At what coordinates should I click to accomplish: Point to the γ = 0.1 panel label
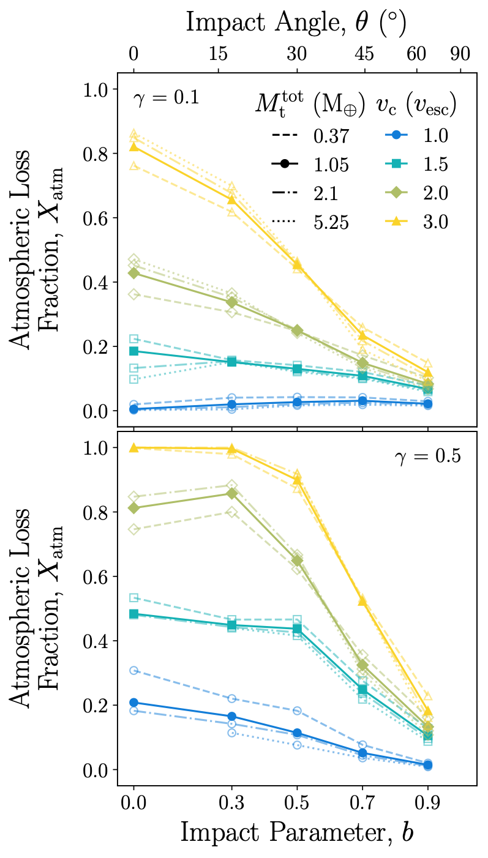(166, 98)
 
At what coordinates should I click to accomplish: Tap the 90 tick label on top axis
(459, 54)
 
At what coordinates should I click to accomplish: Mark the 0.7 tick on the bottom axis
(362, 802)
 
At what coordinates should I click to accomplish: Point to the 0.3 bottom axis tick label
(231, 802)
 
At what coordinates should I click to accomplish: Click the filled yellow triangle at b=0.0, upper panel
(133, 146)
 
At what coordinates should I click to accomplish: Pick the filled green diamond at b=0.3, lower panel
(231, 493)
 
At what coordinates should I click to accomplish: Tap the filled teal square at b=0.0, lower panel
(133, 614)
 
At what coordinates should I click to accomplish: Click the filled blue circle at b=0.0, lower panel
(133, 703)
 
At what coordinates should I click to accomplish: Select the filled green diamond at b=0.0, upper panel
(133, 273)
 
